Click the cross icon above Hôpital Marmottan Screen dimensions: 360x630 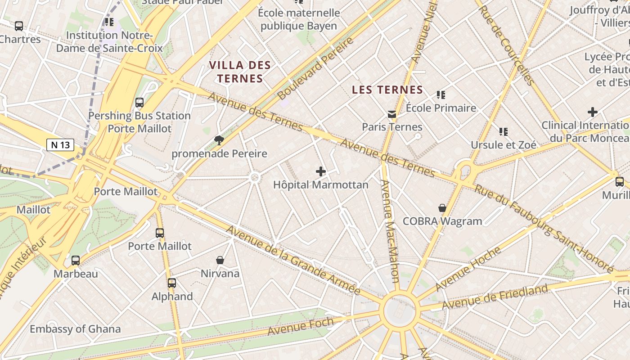click(x=321, y=171)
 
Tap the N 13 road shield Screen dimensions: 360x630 click(x=60, y=145)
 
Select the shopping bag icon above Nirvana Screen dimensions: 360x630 click(x=220, y=260)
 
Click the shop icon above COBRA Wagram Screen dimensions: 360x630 click(x=442, y=208)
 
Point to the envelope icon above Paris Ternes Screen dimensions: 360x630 click(x=392, y=114)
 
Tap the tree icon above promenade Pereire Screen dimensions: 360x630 click(x=219, y=140)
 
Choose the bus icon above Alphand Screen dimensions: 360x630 click(x=172, y=283)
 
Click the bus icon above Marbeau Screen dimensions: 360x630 click(x=76, y=261)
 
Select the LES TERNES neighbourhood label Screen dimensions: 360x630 click(x=387, y=90)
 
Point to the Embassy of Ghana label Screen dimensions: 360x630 click(x=75, y=329)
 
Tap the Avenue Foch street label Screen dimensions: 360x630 click(x=301, y=326)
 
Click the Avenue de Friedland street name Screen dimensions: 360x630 click(x=495, y=297)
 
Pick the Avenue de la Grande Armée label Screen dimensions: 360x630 click(x=292, y=260)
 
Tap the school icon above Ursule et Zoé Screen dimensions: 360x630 click(x=504, y=132)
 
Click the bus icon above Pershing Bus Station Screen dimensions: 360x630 click(x=139, y=103)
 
